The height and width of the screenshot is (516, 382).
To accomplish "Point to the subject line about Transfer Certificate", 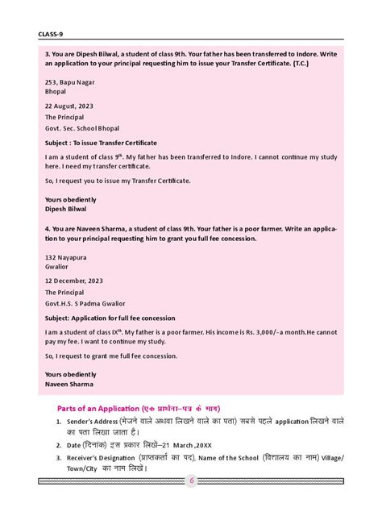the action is pos(101,142).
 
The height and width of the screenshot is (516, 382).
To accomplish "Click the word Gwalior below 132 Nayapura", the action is pos(58,278).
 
